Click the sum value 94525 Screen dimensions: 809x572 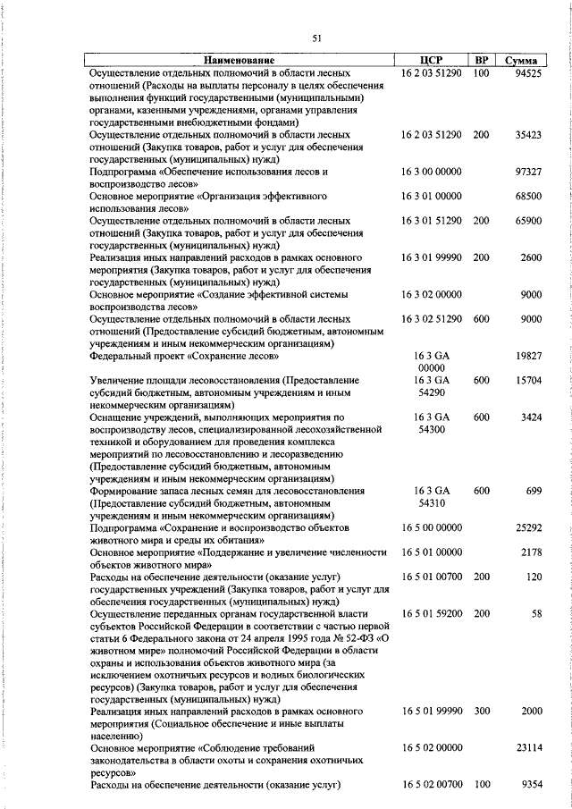point(527,72)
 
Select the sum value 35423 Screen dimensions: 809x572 point(527,134)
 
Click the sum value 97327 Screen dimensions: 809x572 point(527,171)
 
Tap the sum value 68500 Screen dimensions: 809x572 point(527,196)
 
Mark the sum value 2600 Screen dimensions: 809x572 point(531,257)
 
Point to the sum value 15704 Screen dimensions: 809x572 point(527,381)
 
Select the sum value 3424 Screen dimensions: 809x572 point(531,417)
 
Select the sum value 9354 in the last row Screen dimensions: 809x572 point(531,784)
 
